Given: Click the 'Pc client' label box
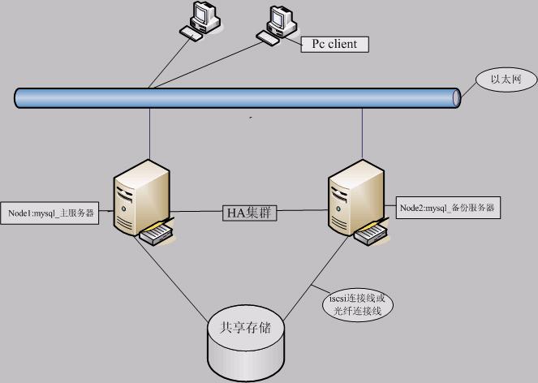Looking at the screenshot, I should point(334,44).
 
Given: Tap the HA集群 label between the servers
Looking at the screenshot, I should point(251,213).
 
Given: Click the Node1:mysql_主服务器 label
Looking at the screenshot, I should point(50,213).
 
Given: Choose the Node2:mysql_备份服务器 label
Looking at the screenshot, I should point(449,209).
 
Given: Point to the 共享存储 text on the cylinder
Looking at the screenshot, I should point(246,329).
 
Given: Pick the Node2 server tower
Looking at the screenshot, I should point(355,195).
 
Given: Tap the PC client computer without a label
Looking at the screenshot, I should point(200,18).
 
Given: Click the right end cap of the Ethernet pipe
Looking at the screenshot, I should point(456,97).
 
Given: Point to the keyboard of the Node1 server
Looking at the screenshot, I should point(157,234).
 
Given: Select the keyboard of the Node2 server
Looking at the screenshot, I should point(372,234).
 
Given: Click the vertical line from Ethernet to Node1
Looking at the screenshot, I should point(149,134).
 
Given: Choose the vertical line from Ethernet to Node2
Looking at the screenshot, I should point(362,134).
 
